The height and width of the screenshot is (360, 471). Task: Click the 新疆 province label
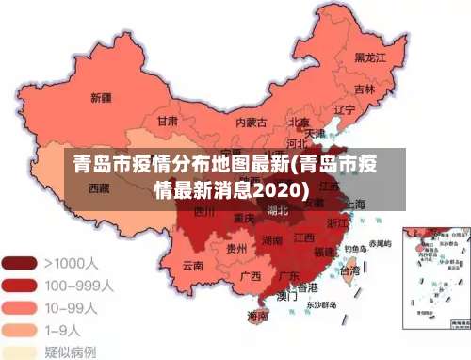coord(101,97)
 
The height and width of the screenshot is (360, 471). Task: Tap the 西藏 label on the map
coord(100,188)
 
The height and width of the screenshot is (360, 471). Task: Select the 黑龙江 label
coord(370,57)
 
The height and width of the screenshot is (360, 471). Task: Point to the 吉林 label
coord(365,90)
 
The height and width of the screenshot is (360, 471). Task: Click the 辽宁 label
coord(345,109)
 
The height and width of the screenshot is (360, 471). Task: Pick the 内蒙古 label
coord(251,122)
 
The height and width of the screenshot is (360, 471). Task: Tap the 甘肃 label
coord(168,121)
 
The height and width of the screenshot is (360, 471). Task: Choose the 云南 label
coord(192,266)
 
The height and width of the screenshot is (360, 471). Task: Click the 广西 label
coord(250,276)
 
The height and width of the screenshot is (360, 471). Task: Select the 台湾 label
coord(349,270)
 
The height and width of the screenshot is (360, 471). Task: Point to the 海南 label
coord(256,317)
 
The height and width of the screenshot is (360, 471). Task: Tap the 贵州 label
coord(237,249)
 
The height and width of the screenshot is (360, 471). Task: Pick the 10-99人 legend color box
coord(20,306)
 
